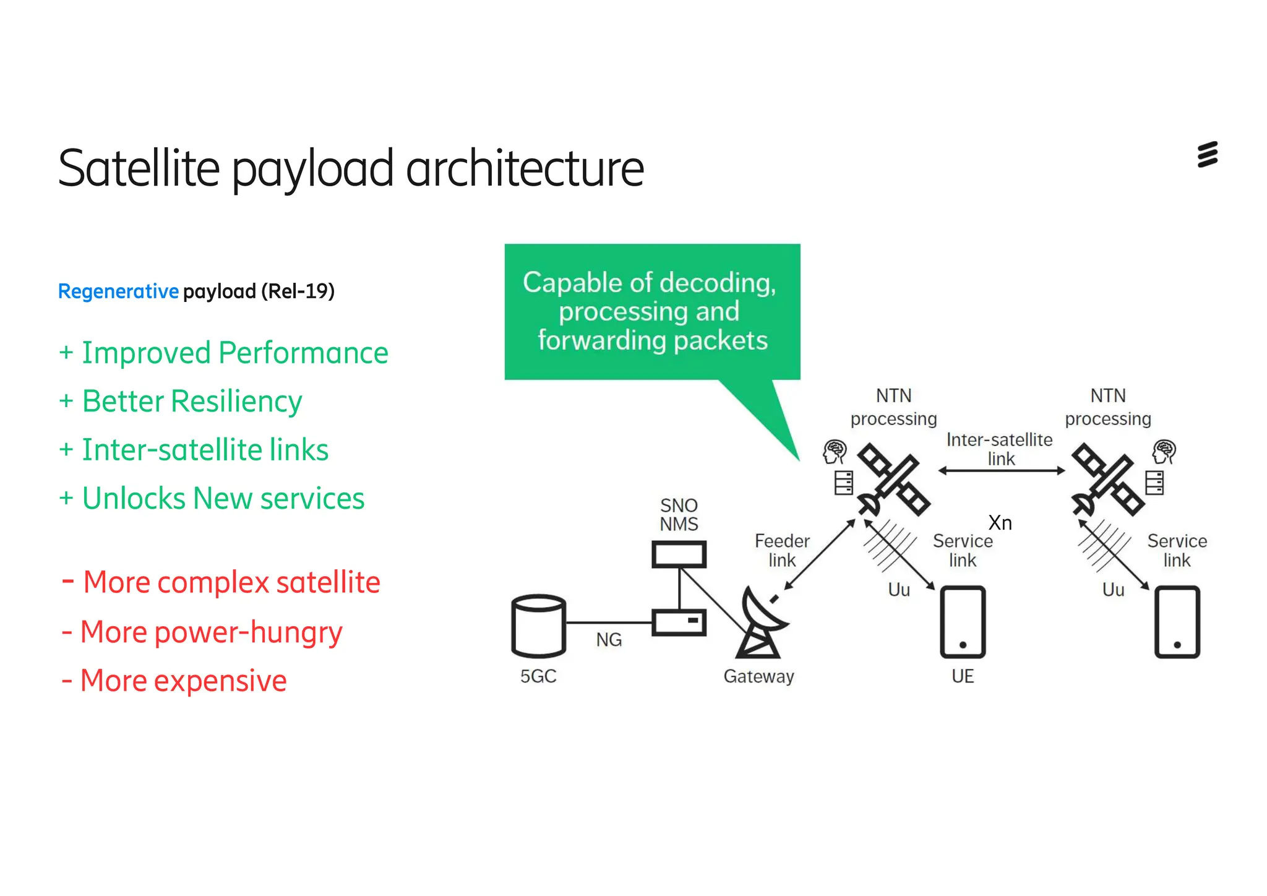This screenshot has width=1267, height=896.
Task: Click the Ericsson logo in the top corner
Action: [1207, 155]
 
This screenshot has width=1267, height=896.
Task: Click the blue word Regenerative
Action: [118, 291]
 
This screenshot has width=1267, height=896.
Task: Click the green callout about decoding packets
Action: [652, 311]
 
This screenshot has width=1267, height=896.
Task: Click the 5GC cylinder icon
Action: [538, 626]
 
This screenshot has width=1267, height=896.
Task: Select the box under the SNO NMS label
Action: [679, 554]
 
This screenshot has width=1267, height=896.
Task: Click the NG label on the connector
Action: [609, 640]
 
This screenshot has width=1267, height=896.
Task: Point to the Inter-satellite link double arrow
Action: [1001, 471]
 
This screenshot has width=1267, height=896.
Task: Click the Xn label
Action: [1000, 523]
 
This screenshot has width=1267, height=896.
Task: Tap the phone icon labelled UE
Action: [963, 622]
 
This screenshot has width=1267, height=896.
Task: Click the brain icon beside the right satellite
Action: [1164, 451]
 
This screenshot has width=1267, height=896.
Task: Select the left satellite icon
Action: [893, 480]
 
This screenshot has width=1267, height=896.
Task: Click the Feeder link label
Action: [782, 550]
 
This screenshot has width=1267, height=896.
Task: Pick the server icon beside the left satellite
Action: [843, 483]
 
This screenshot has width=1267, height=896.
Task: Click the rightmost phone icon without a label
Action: [1177, 622]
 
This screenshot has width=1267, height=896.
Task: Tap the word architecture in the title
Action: [525, 168]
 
